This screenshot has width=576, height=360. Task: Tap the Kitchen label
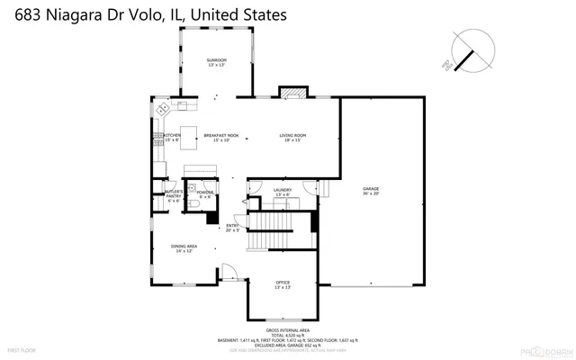172,138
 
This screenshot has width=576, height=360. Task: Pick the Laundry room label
283,192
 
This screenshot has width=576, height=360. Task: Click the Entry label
232,228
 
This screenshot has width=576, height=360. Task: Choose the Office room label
283,285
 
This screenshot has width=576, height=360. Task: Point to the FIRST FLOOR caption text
21,348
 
